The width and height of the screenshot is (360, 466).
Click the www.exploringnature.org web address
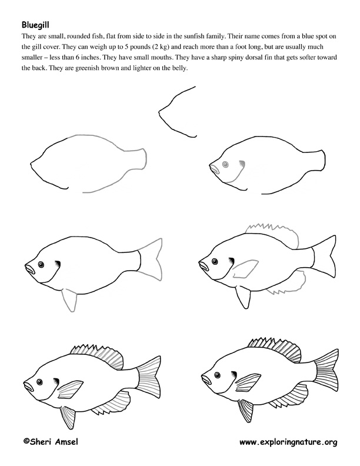click(x=288, y=441)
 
